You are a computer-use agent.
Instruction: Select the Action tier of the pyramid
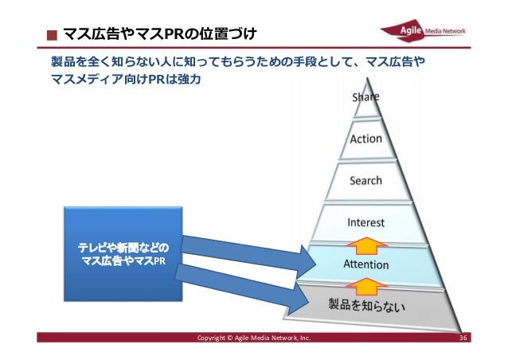pos(366,139)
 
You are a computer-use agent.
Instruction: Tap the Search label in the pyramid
pos(366,181)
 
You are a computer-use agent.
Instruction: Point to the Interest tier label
pos(366,222)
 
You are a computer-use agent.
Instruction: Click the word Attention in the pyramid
pos(365,264)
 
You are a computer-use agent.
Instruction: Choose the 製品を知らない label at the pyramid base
pos(367,303)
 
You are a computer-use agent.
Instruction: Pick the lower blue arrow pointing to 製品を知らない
pos(238,288)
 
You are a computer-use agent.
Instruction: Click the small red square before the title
pos(52,36)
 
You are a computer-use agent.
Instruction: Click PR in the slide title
pos(174,34)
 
